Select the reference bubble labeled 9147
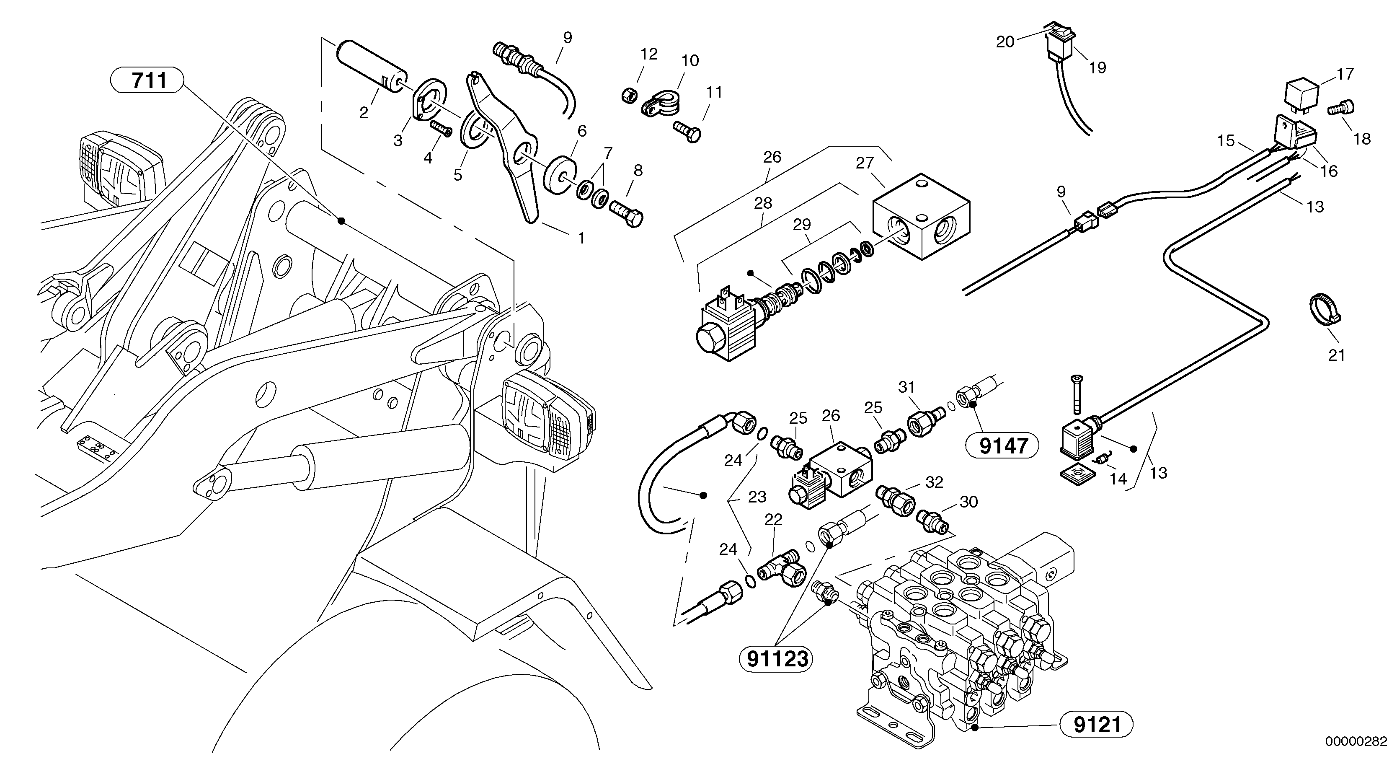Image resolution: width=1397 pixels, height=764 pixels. pyautogui.click(x=1003, y=446)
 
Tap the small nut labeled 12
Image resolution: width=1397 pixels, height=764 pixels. pyautogui.click(x=630, y=96)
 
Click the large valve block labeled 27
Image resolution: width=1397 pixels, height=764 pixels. pyautogui.click(x=920, y=218)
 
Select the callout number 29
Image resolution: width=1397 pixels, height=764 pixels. pyautogui.click(x=801, y=225)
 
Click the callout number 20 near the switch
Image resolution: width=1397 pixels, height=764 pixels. pyautogui.click(x=1005, y=41)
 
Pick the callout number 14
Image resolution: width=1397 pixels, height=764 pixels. pyautogui.click(x=1118, y=479)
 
